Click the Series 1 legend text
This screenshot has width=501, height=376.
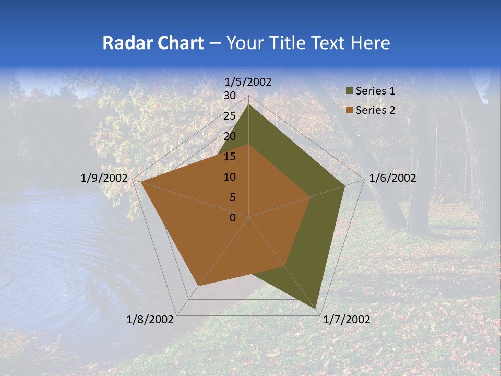375,91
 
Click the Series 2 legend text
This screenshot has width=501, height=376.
375,110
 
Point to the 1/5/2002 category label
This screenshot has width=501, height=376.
248,81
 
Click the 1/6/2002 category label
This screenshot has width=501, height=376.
392,178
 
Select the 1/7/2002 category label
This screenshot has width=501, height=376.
347,320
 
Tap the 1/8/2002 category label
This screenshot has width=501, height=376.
150,320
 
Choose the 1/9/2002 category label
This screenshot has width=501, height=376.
104,178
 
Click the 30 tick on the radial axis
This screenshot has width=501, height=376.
230,96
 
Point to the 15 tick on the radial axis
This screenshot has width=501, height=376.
230,157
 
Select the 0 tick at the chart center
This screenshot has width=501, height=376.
233,218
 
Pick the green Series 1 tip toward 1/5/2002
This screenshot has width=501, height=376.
249,105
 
